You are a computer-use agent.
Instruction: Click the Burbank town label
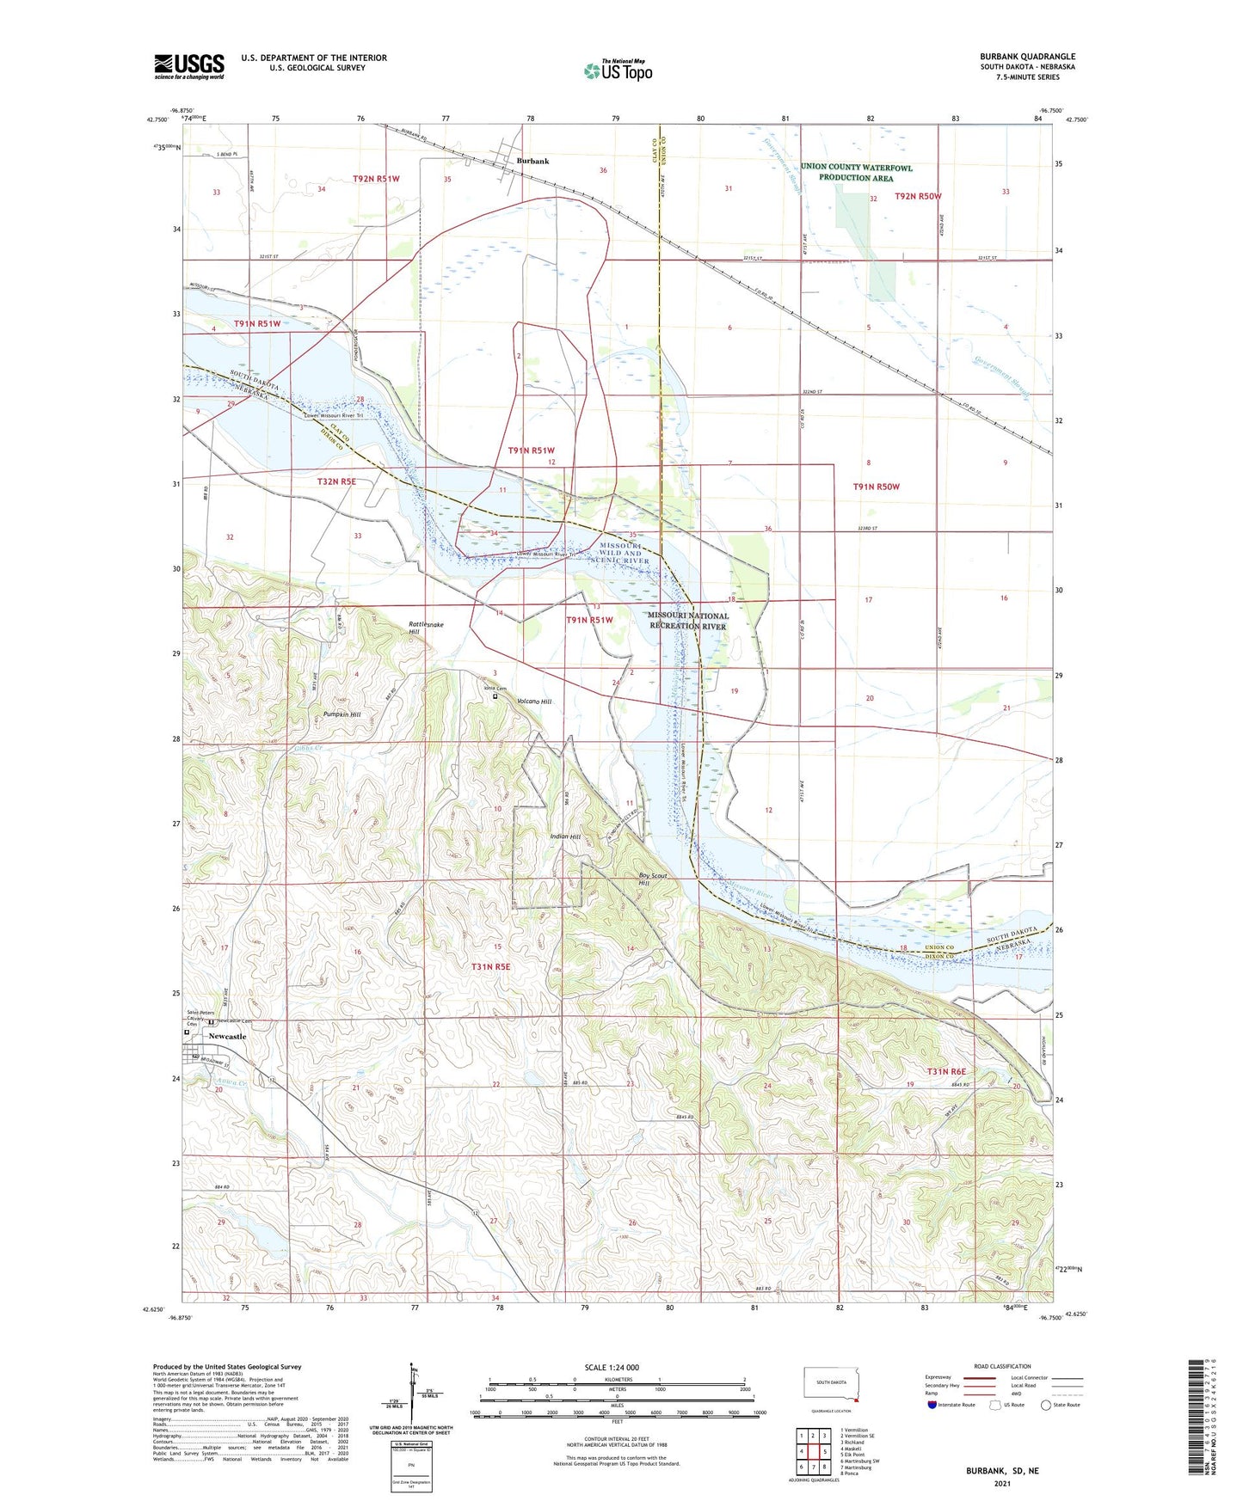pos(532,161)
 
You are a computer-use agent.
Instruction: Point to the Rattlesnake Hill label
pos(426,628)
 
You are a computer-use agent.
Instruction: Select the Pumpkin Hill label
pos(342,714)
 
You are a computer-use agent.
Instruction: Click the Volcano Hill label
pos(534,701)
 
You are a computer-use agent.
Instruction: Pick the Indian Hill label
pos(565,836)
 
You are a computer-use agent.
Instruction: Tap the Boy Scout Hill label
pos(653,879)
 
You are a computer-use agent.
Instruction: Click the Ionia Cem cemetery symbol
pos(495,697)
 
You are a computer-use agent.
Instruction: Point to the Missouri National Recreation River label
pos(687,621)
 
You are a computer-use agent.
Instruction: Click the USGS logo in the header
pos(189,66)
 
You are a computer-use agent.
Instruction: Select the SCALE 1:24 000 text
pos(612,1367)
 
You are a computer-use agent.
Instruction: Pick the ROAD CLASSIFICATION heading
pos(1002,1366)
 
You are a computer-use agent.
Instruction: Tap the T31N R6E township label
pos(946,1071)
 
